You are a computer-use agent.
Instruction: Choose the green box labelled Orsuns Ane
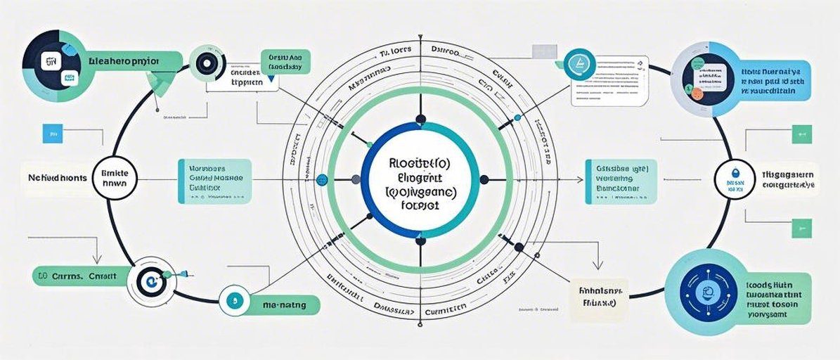point(282,62)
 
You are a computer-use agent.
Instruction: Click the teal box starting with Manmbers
point(215,181)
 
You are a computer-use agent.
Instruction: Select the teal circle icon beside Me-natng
point(233,301)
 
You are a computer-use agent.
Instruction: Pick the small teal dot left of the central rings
point(323,179)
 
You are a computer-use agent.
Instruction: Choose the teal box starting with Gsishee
point(621,181)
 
